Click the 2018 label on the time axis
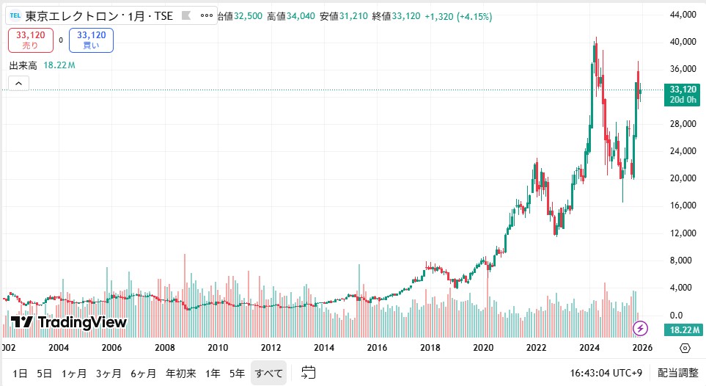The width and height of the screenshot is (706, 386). coord(430,348)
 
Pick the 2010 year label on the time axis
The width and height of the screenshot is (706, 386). coord(217,348)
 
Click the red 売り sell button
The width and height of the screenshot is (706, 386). coord(31,40)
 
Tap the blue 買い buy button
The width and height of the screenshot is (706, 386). coord(91,40)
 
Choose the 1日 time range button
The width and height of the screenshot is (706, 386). coord(21,374)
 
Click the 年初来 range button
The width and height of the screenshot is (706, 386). coord(180,374)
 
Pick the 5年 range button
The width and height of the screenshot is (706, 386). coord(237,374)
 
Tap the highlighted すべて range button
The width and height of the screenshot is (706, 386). coord(269,374)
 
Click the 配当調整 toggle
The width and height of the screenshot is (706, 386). coord(677,374)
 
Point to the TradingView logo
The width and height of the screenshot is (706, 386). coord(69,322)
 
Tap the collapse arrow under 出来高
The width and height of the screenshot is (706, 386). coord(18,83)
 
